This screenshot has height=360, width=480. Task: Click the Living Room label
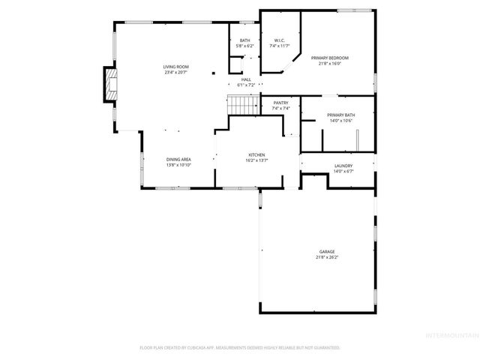coord(175,67)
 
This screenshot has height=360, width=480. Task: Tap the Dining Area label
coord(178,159)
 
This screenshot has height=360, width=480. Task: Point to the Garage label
coord(326,252)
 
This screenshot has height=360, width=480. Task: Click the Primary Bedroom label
coord(331,58)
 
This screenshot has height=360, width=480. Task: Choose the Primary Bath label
coord(341,115)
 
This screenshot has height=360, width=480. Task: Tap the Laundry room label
coord(343,166)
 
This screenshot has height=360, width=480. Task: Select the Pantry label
coord(280,103)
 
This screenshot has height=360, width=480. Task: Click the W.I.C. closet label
coord(278,40)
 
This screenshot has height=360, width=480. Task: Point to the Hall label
coord(246,79)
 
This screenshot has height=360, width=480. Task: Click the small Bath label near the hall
coord(244,40)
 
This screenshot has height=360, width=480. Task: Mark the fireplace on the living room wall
coord(110,86)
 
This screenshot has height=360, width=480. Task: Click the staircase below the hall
coord(241,106)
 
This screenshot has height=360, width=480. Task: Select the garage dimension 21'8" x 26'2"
coord(326,257)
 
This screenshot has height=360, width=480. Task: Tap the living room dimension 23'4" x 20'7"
coord(175,72)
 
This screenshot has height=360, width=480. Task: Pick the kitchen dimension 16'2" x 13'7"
coord(257,160)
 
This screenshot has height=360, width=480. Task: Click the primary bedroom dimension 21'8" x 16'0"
coord(331,63)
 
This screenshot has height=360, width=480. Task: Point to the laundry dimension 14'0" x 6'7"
coord(343,171)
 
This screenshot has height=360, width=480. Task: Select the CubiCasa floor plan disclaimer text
coord(239,347)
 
